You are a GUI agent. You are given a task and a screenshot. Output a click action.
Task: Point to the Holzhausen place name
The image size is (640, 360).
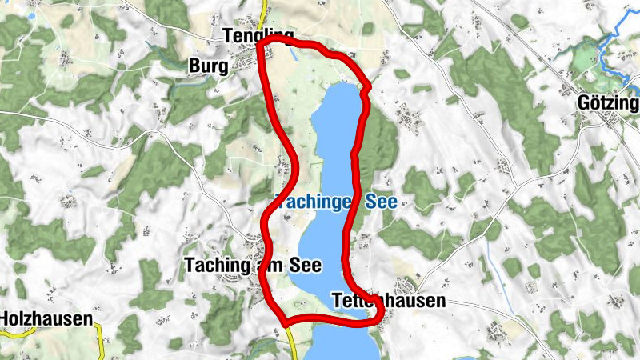(46, 318)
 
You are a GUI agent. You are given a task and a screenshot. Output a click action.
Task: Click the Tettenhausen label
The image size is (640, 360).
(388, 302)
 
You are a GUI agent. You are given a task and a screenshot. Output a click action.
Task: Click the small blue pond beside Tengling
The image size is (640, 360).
(295, 54)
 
